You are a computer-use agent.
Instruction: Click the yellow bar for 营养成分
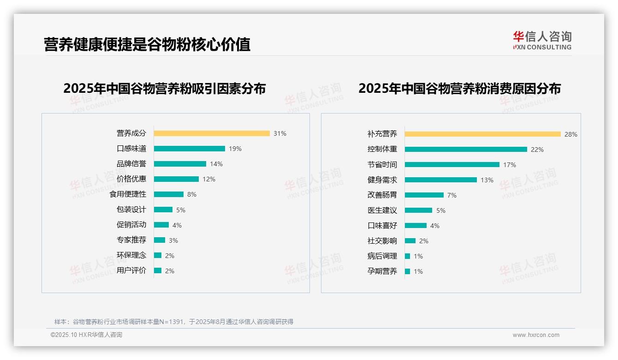212,133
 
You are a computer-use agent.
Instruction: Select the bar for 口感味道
189,149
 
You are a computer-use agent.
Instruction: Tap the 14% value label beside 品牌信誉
216,164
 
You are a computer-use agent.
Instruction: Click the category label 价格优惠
131,179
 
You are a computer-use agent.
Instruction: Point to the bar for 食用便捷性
168,194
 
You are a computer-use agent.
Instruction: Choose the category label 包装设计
131,210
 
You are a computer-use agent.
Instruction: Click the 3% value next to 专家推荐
173,240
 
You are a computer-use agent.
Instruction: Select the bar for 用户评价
158,270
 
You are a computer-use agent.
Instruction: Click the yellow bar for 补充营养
482,134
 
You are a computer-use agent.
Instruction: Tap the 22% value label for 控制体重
537,150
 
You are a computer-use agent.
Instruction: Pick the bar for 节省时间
452,165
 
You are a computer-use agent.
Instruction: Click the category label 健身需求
382,180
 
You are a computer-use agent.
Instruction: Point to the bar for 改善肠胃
424,195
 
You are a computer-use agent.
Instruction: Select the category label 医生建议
382,210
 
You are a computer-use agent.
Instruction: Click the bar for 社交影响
410,241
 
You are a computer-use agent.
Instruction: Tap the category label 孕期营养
382,271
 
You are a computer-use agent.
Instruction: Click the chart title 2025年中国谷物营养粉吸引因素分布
164,89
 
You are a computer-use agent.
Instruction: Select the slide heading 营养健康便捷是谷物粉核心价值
147,44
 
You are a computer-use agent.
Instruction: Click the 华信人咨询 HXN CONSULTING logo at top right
542,41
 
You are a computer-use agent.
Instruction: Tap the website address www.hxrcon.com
535,335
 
